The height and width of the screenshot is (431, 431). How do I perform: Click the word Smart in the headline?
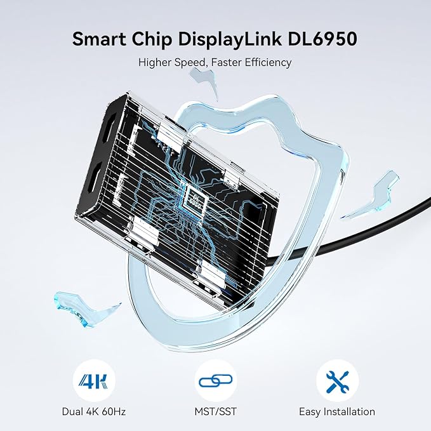click(x=99, y=39)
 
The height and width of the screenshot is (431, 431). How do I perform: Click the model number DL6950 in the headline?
click(x=322, y=39)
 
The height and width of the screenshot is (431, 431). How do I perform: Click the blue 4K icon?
click(x=93, y=381)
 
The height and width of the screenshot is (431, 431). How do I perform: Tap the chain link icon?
click(x=216, y=381)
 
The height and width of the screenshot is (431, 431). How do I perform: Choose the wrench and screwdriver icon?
click(x=338, y=381)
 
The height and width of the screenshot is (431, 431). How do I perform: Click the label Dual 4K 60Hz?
click(x=94, y=411)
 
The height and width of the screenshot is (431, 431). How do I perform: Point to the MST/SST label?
click(x=216, y=411)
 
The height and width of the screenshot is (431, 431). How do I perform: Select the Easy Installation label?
click(x=337, y=411)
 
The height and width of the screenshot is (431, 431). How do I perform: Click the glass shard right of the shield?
click(x=371, y=195)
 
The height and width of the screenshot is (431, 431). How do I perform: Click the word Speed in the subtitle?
click(x=190, y=63)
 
